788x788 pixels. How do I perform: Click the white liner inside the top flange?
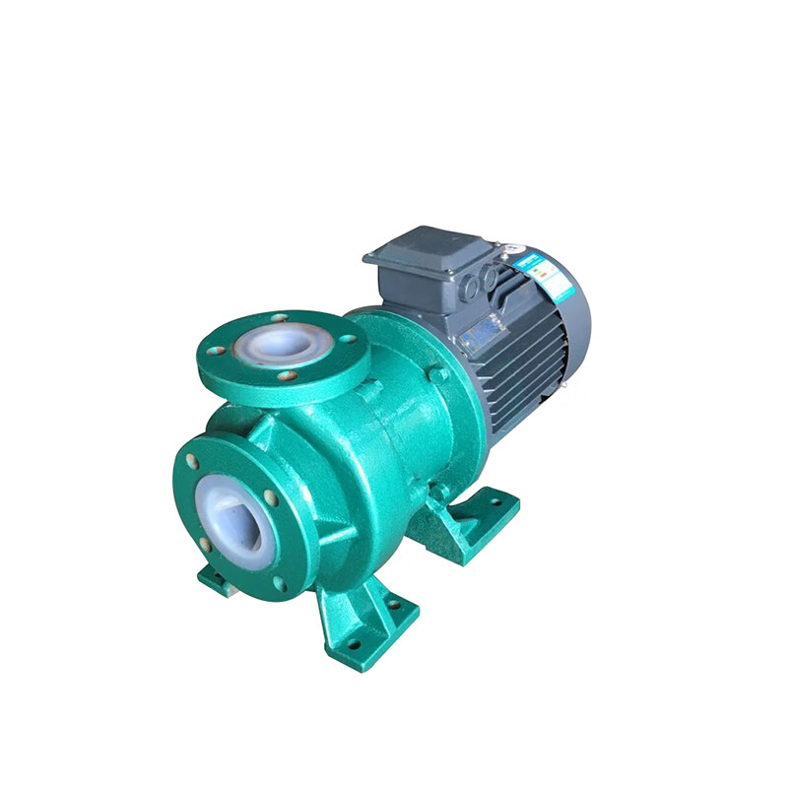pyautogui.click(x=283, y=345)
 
